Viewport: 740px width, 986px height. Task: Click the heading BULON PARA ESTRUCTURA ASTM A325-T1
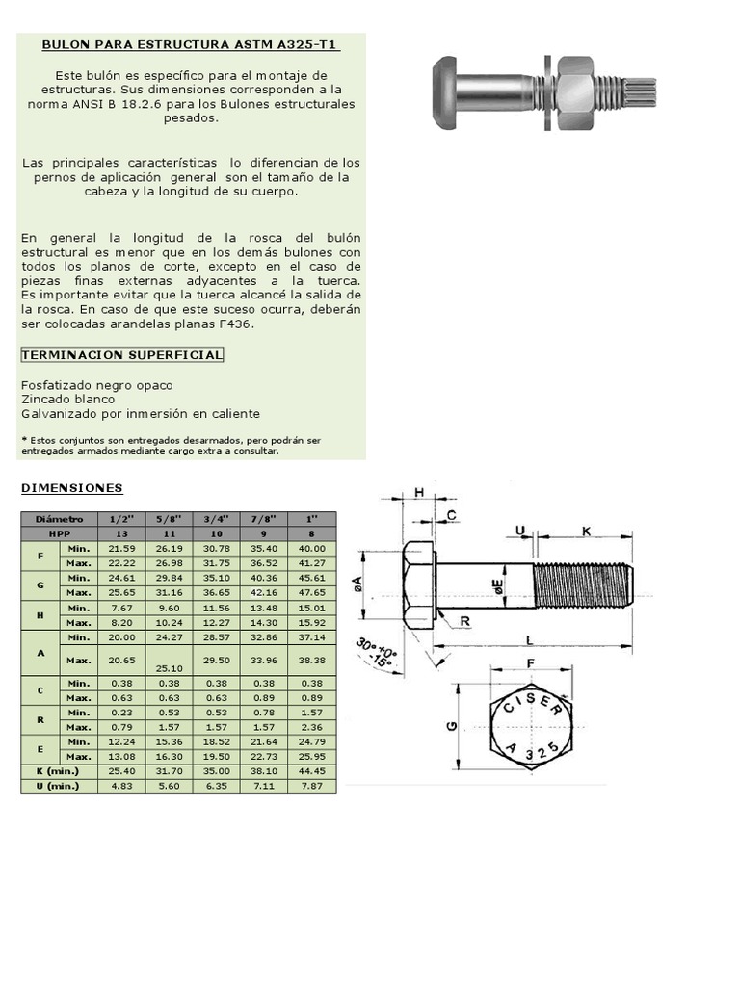click(x=191, y=45)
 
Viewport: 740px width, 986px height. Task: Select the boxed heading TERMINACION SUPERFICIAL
click(x=121, y=355)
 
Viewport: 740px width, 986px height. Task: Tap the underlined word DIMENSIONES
click(x=72, y=488)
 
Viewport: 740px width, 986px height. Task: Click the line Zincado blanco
click(x=67, y=399)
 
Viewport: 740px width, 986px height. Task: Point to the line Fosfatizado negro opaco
click(x=96, y=385)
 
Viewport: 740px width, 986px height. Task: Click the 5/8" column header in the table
click(x=169, y=518)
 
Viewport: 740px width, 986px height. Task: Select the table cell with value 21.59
click(x=121, y=548)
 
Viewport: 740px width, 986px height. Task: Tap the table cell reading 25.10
click(x=169, y=668)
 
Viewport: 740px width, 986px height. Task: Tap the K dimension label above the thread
click(x=586, y=531)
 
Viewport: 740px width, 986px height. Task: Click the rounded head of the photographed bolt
click(x=444, y=92)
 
